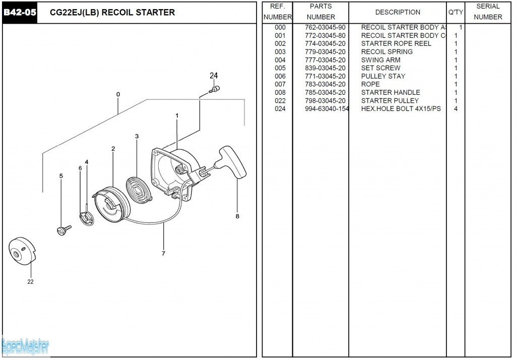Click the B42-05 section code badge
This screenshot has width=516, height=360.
[20, 12]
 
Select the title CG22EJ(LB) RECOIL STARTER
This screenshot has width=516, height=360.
[112, 12]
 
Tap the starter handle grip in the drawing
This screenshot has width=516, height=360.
[232, 162]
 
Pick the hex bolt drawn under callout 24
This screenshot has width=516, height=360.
[215, 90]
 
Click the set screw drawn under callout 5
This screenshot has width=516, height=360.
[63, 230]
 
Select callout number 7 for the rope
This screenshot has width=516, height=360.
[163, 254]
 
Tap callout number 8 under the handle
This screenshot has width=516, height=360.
[237, 216]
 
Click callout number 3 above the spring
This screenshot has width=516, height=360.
[137, 137]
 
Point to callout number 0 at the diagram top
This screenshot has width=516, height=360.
[118, 94]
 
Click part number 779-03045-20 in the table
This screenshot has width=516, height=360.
[325, 52]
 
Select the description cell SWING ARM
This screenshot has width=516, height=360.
[380, 60]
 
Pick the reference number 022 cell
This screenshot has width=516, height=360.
[280, 101]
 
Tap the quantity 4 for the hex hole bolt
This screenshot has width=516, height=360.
[456, 109]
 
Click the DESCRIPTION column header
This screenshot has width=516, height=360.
[398, 12]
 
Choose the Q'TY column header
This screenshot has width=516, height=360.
[456, 12]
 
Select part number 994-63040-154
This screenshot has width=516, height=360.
[327, 109]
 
